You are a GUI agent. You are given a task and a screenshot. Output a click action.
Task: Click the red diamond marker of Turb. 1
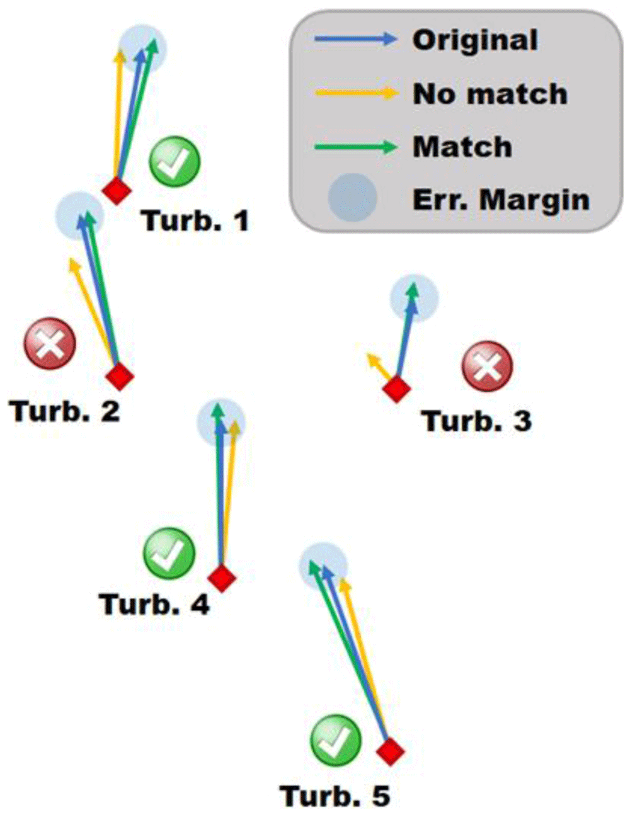(x=117, y=191)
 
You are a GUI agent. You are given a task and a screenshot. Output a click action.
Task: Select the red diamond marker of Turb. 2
(x=120, y=376)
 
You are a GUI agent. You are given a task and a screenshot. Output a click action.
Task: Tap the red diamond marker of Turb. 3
(x=397, y=389)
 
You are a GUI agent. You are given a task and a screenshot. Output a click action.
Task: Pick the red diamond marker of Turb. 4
(x=222, y=578)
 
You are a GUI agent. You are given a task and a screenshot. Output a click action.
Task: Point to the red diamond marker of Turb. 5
(x=391, y=751)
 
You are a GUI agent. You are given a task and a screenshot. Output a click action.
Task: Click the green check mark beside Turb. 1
(x=175, y=162)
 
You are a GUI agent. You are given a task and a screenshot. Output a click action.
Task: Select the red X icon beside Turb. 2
(x=50, y=343)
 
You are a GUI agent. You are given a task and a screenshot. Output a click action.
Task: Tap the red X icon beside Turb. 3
(x=487, y=367)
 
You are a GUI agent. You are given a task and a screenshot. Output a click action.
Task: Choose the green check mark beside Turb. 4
(x=169, y=553)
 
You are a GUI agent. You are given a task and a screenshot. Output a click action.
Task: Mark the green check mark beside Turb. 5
(x=336, y=740)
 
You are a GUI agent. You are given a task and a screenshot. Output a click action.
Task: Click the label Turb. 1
(x=195, y=221)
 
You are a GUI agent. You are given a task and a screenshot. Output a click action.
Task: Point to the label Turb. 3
(x=477, y=421)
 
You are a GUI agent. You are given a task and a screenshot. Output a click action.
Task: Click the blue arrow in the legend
(x=355, y=39)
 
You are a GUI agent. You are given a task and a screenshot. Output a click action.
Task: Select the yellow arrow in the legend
(x=355, y=92)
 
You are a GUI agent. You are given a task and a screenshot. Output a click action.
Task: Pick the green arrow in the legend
(x=355, y=146)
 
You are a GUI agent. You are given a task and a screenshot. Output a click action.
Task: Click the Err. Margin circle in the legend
(x=352, y=197)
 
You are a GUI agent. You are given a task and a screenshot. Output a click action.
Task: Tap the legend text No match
(x=490, y=93)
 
